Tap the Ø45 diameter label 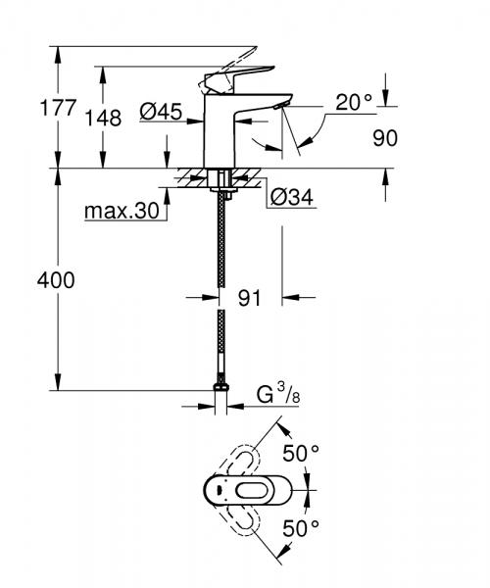point(161,113)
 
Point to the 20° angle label point(352,102)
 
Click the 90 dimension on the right point(385,137)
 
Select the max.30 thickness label point(119,210)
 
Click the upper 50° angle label point(302,453)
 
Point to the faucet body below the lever point(220,137)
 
